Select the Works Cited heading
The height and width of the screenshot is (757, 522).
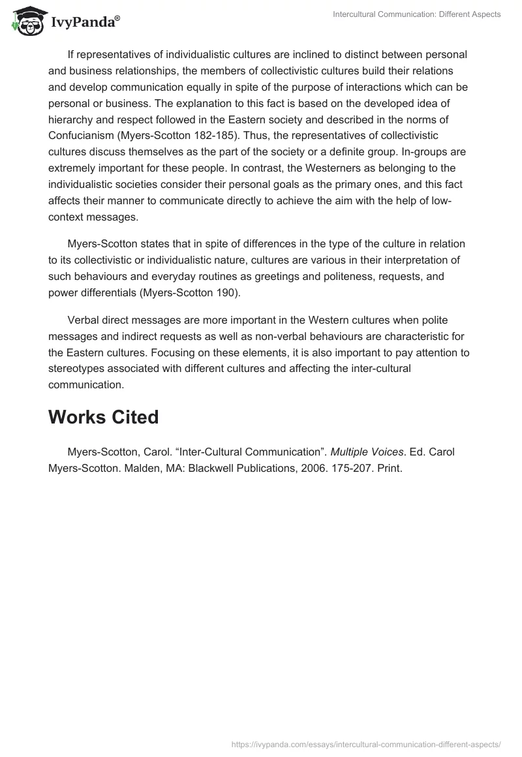[x=103, y=417]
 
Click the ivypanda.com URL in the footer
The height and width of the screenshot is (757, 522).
[x=367, y=743]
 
